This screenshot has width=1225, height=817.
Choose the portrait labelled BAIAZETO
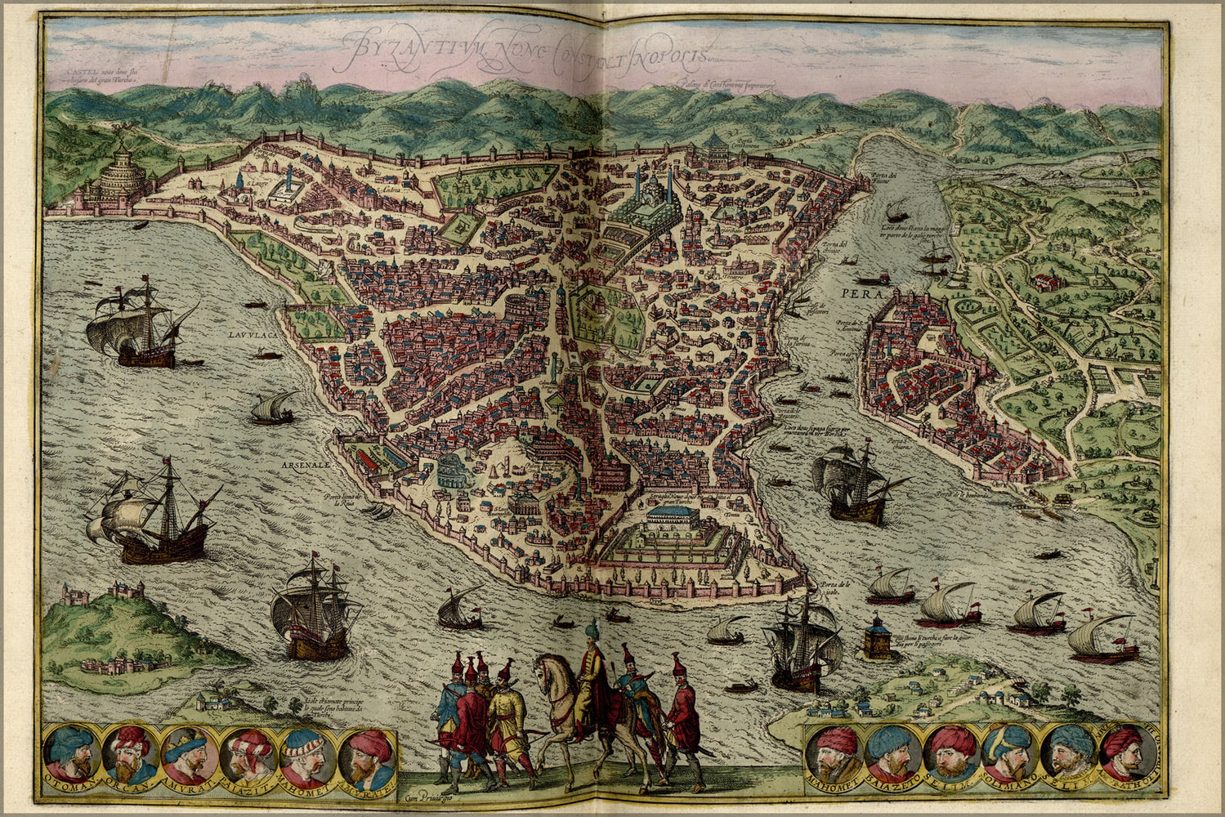pos(892,752)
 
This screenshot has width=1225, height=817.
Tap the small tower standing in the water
pos(876,637)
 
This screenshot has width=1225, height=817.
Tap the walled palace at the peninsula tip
pos(670,535)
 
